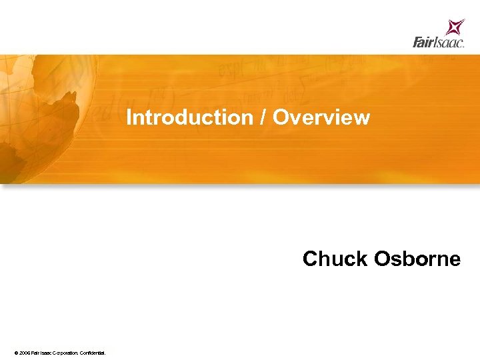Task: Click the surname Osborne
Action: tap(417, 259)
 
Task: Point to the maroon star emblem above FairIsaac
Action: tap(455, 27)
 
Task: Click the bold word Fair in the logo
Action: tap(423, 43)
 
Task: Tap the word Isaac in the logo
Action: tap(449, 43)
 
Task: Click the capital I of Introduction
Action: tap(129, 117)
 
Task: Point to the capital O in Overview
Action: tap(281, 117)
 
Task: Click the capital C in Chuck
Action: tap(311, 259)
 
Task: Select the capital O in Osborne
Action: tap(383, 259)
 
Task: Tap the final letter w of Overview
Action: tap(362, 117)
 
